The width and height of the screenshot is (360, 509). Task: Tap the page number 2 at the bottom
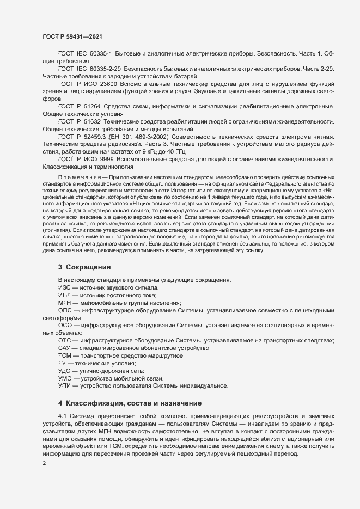44,464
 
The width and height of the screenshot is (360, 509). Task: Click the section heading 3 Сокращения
84,267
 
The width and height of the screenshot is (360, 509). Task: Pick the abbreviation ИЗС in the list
64,287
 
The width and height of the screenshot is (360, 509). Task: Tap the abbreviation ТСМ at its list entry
65,355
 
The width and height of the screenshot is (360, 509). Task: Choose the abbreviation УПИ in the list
65,386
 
